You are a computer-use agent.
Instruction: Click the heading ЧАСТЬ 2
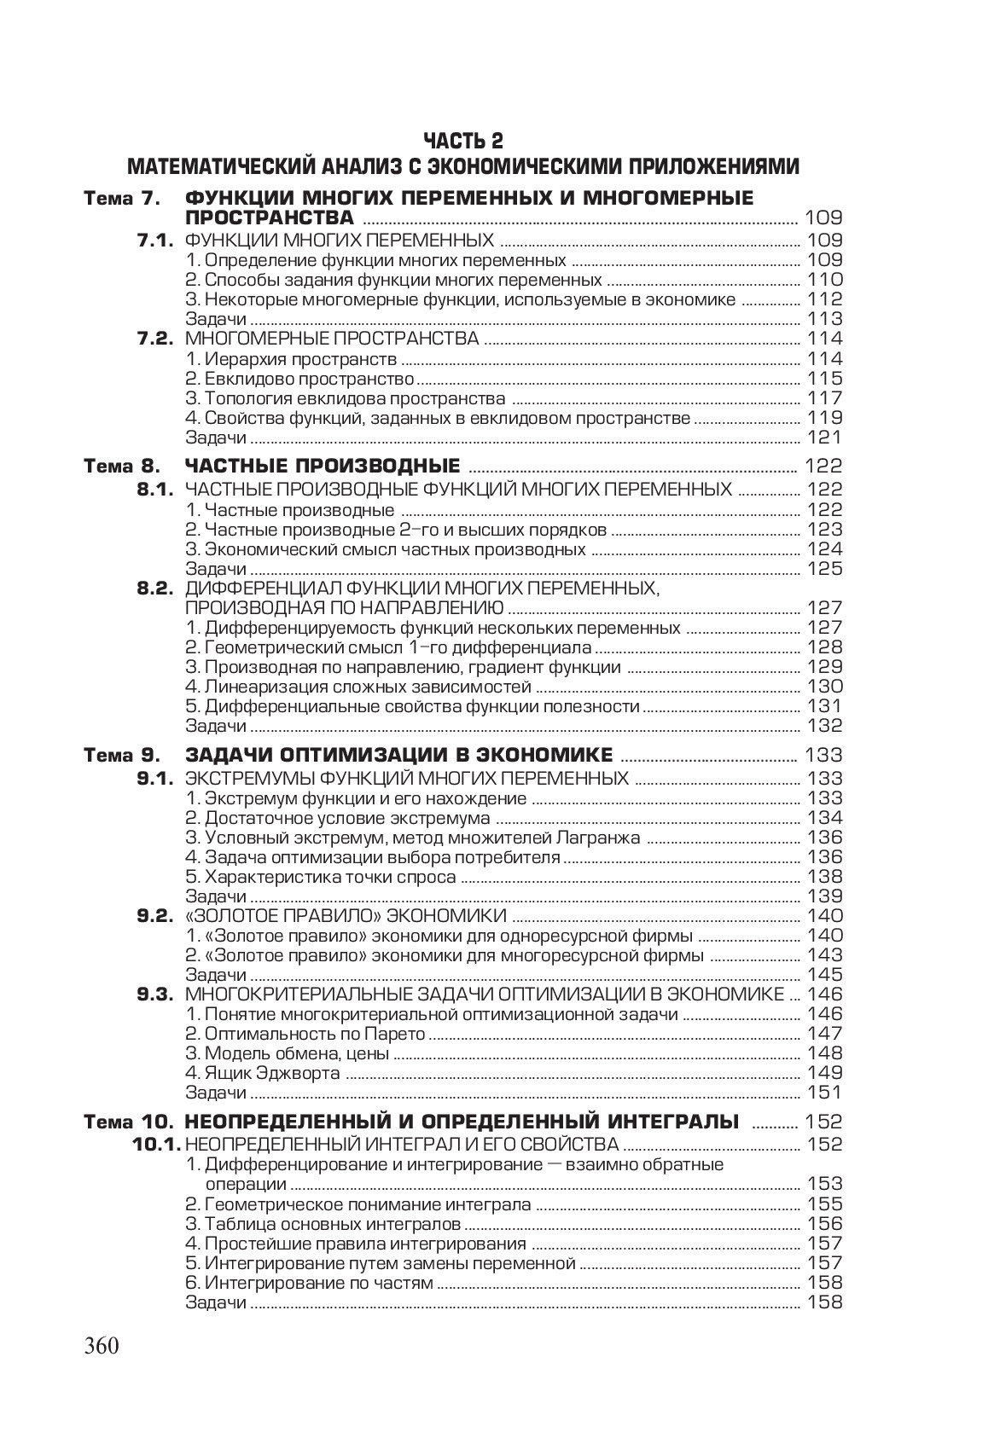coord(463,140)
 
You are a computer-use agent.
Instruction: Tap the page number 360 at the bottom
coord(102,1346)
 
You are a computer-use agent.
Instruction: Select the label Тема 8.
coord(121,467)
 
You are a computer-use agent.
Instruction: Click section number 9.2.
coord(155,916)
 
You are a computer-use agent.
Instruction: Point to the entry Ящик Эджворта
coord(263,1073)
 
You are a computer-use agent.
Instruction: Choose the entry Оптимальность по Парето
coord(305,1034)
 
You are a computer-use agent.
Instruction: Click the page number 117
coord(824,398)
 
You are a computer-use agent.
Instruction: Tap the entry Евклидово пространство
coord(299,379)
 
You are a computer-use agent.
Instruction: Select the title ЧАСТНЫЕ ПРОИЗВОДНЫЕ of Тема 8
coord(323,467)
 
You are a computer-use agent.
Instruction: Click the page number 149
coord(824,1073)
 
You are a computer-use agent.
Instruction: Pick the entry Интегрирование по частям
coord(310,1283)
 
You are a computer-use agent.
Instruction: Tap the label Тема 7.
coord(121,199)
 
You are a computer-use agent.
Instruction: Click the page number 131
coord(824,706)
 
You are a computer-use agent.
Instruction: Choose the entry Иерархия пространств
coord(291,359)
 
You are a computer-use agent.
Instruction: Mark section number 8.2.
coord(155,589)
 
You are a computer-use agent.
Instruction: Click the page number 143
coord(824,955)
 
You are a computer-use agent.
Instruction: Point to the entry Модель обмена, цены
coord(288,1053)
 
